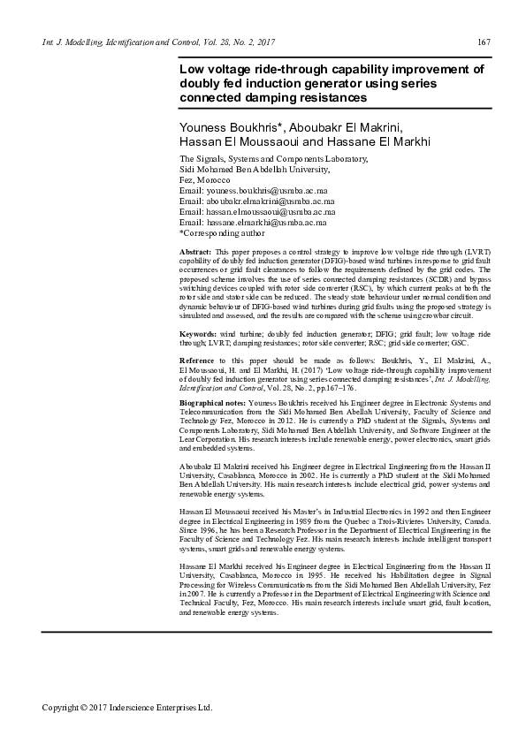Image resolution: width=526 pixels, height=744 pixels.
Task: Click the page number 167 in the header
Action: click(x=484, y=43)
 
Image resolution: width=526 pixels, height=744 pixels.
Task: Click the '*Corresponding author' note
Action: click(x=221, y=233)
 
